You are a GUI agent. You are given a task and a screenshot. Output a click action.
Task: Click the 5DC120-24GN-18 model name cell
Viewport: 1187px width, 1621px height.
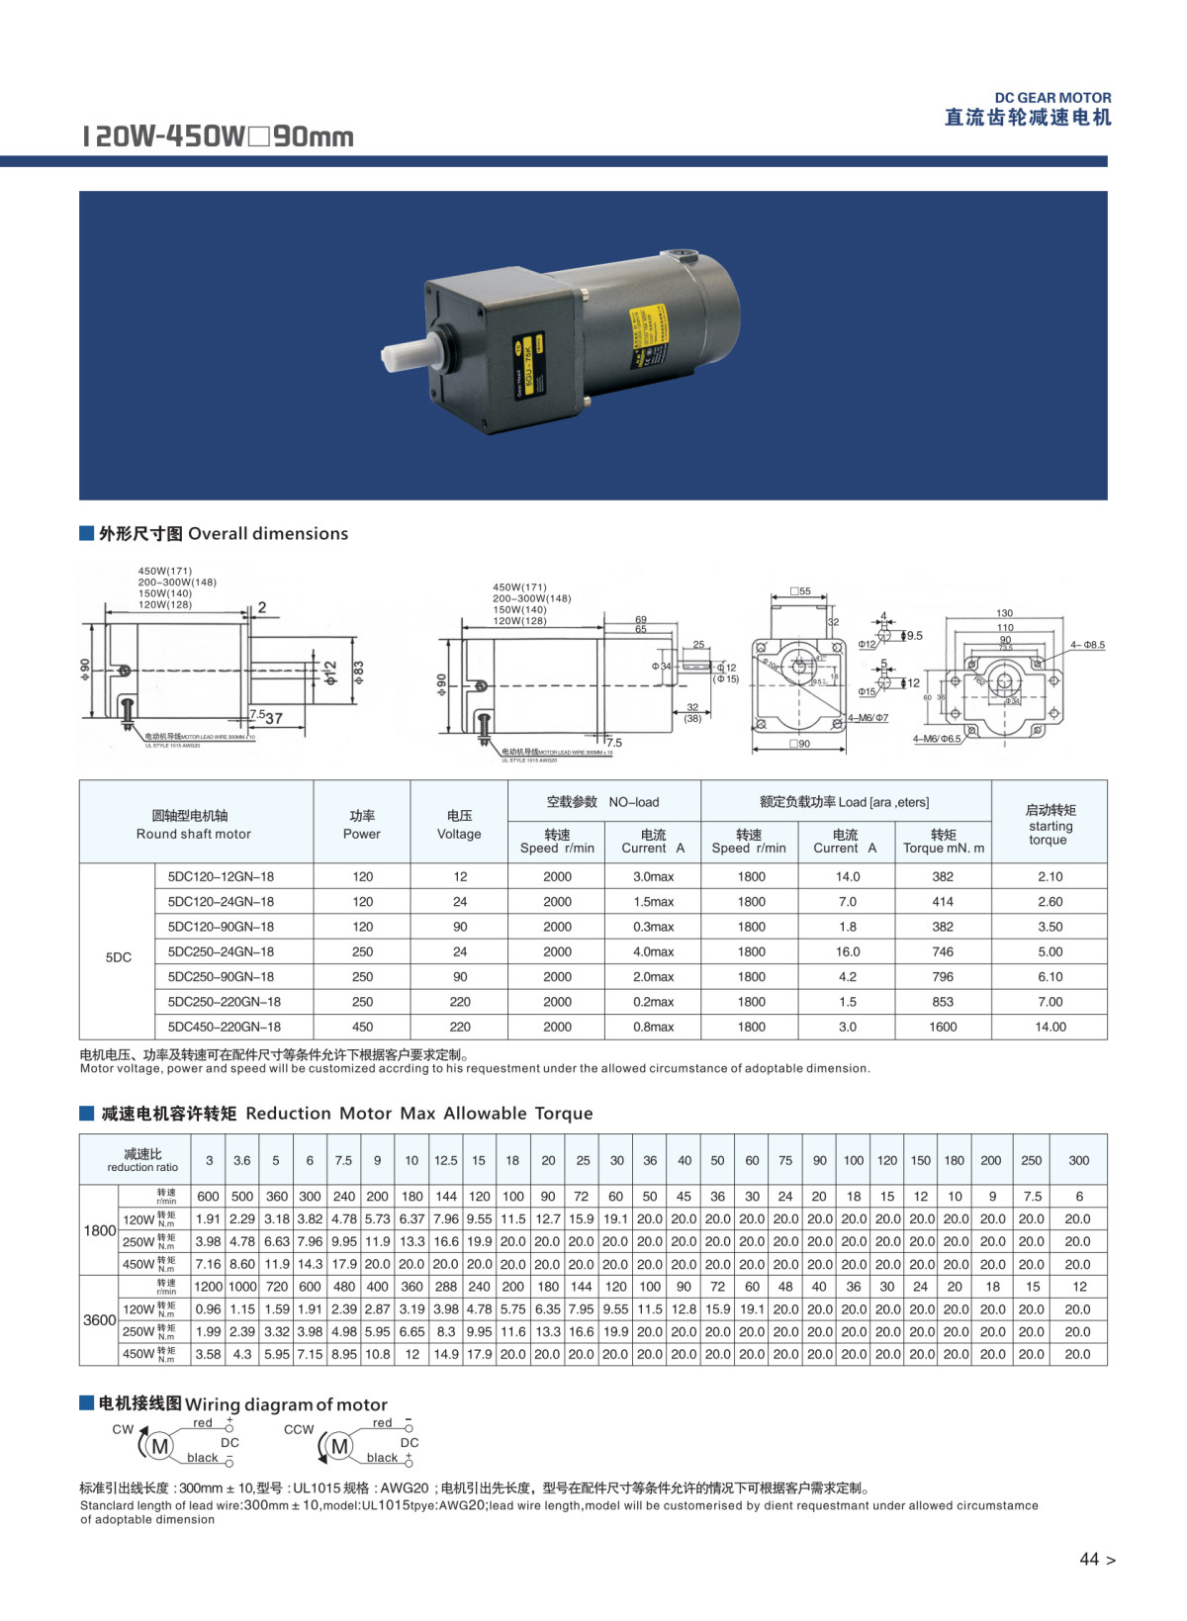coord(221,902)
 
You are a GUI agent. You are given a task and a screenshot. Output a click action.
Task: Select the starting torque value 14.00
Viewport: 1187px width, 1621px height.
coord(1050,1027)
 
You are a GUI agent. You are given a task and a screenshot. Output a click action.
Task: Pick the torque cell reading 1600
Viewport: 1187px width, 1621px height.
coord(943,1027)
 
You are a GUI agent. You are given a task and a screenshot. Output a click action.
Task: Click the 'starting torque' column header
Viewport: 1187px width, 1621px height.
coord(1050,825)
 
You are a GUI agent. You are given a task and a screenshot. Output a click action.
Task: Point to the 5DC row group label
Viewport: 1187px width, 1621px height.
coord(118,957)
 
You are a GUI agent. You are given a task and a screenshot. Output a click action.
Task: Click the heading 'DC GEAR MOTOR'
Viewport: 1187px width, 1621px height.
coord(1052,98)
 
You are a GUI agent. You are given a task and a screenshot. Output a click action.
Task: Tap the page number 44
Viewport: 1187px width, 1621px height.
coord(1089,1560)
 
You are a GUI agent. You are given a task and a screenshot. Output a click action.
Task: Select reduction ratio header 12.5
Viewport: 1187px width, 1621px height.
coord(446,1160)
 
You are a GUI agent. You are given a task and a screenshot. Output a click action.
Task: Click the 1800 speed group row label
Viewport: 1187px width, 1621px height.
coord(99,1230)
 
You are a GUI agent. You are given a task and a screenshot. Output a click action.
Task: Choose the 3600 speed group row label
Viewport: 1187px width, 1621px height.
coord(99,1320)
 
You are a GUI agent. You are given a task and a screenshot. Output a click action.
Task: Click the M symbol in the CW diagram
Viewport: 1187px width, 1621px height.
coord(159,1447)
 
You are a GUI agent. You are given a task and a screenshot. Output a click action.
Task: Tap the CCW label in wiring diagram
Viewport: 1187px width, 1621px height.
coord(299,1429)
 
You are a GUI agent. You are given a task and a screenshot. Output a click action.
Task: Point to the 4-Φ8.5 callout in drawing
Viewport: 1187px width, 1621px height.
coord(1087,645)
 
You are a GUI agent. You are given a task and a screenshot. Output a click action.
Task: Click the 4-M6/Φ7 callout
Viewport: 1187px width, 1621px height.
coord(867,718)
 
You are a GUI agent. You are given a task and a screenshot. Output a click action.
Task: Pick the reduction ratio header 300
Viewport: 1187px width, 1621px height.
coord(1078,1160)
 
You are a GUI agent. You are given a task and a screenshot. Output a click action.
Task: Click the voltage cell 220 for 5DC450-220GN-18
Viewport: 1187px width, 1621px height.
coord(460,1027)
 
